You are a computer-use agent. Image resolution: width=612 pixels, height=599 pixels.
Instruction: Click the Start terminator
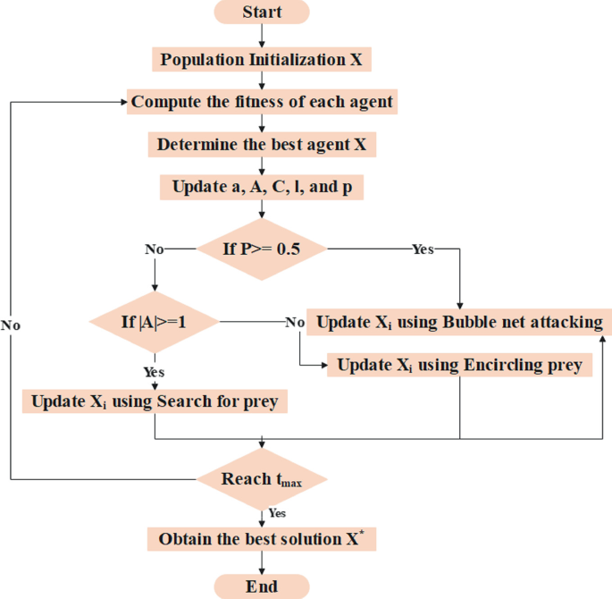(x=262, y=12)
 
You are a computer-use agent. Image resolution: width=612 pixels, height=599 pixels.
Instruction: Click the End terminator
(x=262, y=586)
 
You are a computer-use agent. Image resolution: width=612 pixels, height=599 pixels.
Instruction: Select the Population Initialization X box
(x=262, y=60)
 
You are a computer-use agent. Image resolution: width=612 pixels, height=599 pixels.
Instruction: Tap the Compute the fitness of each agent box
(x=262, y=102)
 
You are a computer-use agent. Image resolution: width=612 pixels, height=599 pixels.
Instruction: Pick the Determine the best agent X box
(x=262, y=144)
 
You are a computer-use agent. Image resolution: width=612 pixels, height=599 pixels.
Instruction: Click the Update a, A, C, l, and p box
(x=262, y=188)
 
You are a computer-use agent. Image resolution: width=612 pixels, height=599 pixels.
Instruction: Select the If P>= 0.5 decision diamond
(x=262, y=249)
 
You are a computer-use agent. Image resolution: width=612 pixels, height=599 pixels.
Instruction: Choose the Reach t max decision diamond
(x=262, y=479)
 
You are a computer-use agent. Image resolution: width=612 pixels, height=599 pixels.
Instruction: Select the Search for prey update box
(x=155, y=401)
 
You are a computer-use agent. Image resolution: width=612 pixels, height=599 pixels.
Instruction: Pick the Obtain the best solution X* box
(x=262, y=539)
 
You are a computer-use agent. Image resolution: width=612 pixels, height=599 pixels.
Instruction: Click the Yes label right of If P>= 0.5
(x=423, y=249)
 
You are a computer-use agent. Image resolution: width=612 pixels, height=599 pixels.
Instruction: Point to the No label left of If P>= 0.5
(x=155, y=249)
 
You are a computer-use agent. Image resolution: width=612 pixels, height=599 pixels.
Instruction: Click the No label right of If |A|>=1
(x=295, y=322)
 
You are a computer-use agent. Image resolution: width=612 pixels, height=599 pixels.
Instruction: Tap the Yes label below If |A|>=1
(x=154, y=371)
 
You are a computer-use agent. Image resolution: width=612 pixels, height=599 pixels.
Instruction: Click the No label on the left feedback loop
(x=11, y=325)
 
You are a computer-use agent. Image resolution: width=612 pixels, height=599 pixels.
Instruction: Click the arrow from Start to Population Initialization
(x=262, y=36)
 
